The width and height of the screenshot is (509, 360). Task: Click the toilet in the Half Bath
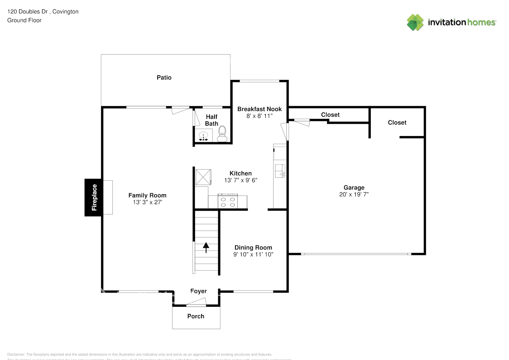[222, 134]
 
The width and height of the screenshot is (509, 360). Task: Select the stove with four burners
[228, 202]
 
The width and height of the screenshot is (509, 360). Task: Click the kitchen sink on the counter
[280, 171]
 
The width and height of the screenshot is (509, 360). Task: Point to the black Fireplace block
[94, 197]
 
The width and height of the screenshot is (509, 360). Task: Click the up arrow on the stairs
[206, 247]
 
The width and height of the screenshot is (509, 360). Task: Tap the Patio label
[164, 77]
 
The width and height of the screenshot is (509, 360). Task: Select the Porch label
[196, 316]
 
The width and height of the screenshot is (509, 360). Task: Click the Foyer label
[198, 291]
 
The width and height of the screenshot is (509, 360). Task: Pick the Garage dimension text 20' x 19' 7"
[354, 194]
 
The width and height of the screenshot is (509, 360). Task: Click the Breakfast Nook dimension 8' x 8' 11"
[259, 116]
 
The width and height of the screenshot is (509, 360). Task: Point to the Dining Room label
[253, 247]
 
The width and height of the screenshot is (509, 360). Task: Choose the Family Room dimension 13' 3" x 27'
[147, 202]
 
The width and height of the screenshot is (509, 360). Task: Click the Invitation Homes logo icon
[415, 22]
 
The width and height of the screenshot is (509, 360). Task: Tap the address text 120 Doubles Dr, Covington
[43, 12]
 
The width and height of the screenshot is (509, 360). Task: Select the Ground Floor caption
[24, 20]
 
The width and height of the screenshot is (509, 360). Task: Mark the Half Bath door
[196, 118]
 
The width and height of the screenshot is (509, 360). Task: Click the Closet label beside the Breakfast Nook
[330, 115]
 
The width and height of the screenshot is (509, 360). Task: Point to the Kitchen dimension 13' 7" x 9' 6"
[240, 180]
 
